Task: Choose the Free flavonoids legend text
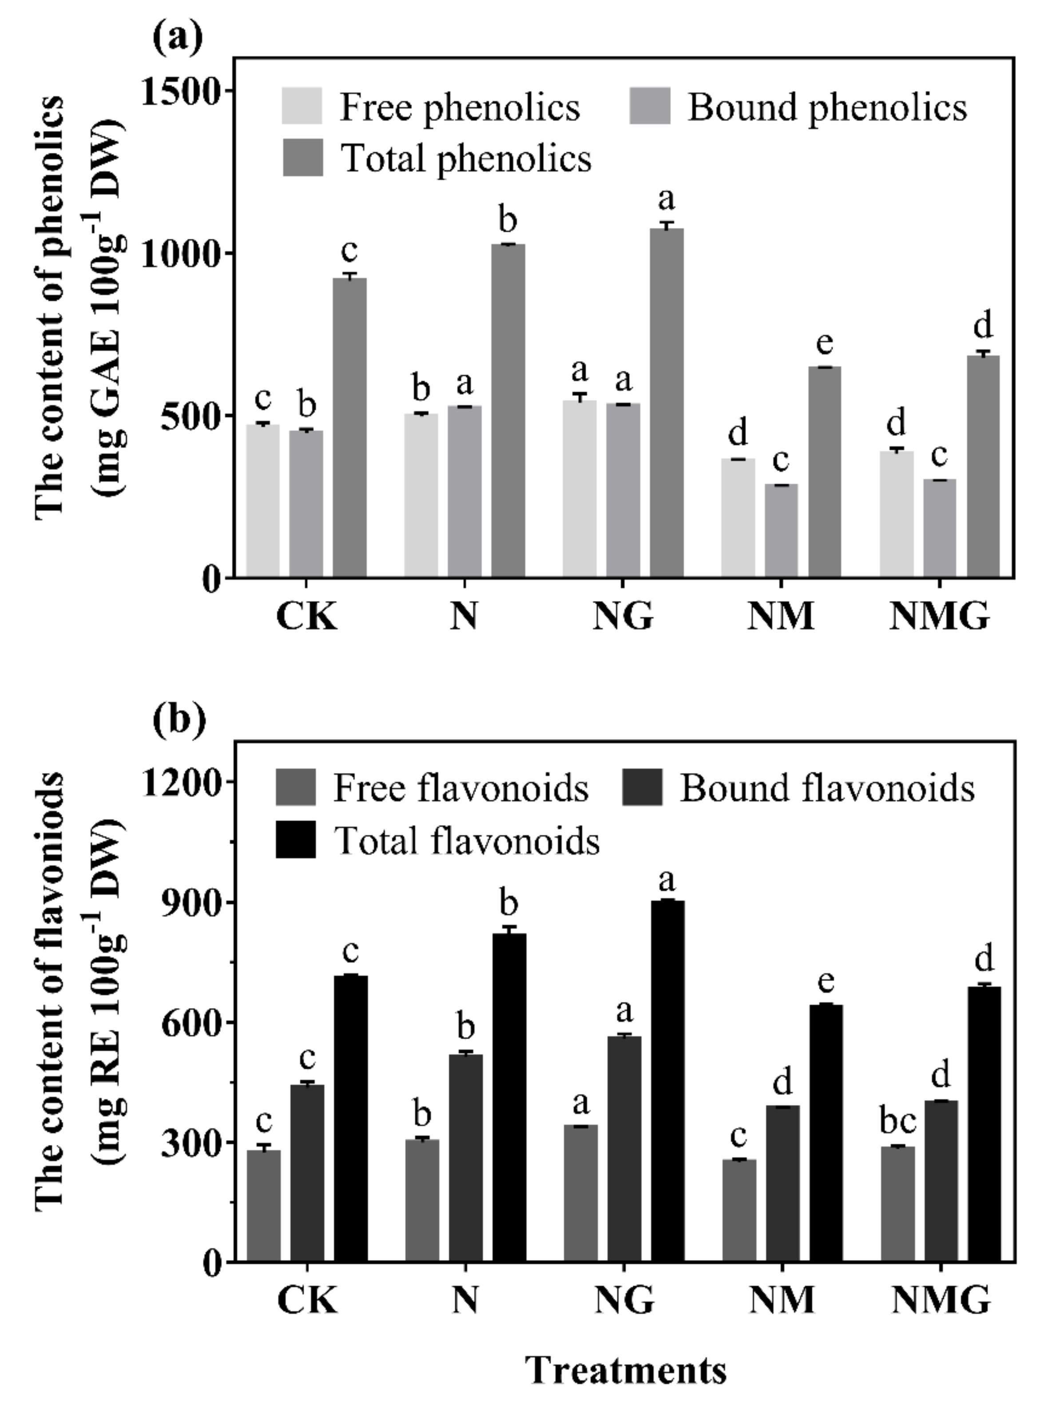coord(461,788)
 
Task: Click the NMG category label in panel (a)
coord(939,616)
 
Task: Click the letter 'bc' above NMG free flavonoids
coord(897,1121)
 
